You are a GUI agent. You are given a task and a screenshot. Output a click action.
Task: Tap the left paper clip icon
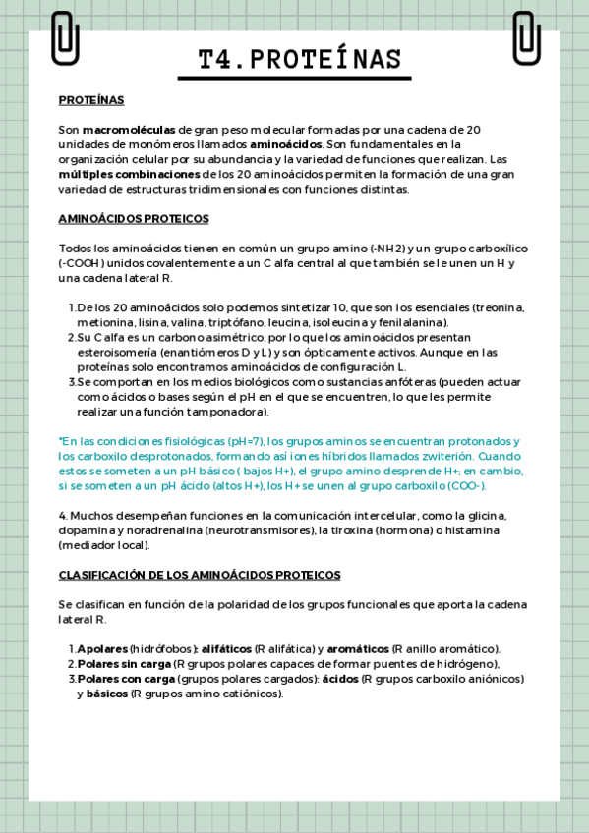tap(65, 37)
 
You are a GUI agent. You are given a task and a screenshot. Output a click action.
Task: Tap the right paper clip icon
tap(526, 37)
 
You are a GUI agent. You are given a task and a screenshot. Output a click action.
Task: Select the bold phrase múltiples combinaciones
tap(116, 174)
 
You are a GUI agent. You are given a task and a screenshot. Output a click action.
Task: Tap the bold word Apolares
tap(102, 649)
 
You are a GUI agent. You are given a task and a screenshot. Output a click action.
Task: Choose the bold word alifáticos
tap(226, 649)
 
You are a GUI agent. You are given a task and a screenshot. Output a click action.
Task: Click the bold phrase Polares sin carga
tap(124, 664)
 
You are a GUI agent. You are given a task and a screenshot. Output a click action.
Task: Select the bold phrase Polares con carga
tap(125, 679)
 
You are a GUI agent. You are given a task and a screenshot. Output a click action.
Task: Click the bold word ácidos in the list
tap(340, 679)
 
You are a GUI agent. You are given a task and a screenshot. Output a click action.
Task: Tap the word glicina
tap(488, 515)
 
